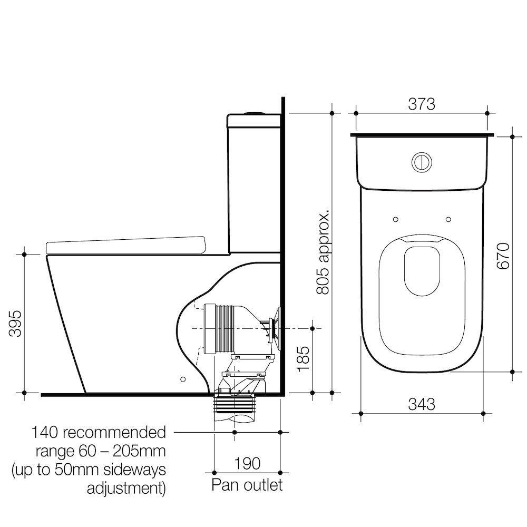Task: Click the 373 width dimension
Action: click(x=422, y=104)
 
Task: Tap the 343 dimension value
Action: click(x=422, y=404)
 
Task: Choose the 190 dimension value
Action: click(x=247, y=463)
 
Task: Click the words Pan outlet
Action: click(x=247, y=485)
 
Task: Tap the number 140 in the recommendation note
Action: click(x=45, y=433)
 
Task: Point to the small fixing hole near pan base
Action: click(x=183, y=379)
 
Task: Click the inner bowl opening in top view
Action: click(x=422, y=270)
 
